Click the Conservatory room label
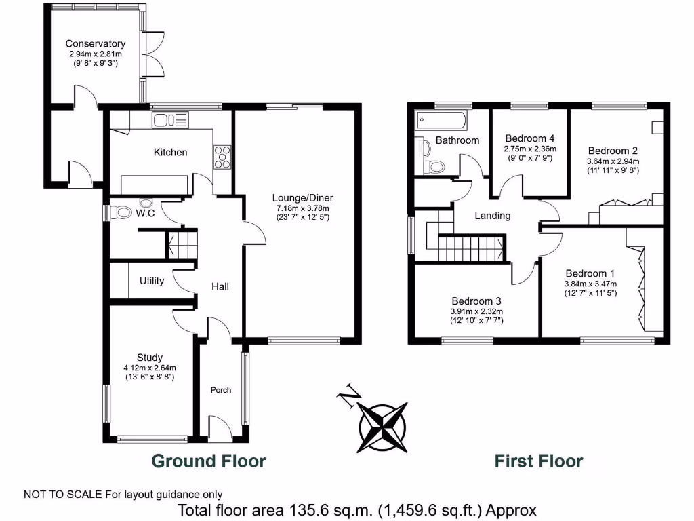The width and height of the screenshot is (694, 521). (96, 43)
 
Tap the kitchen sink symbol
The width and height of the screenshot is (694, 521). (169, 121)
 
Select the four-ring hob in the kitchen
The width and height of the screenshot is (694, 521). (222, 157)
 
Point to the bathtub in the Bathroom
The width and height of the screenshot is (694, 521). (441, 121)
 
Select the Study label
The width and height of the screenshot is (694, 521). (149, 358)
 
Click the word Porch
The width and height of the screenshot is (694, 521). (221, 390)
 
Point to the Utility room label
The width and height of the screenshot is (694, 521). (152, 281)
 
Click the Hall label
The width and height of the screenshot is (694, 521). (219, 286)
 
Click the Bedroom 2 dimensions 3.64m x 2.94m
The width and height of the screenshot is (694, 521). (613, 161)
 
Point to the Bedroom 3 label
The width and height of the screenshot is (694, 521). (476, 301)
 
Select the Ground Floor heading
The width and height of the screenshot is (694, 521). (209, 461)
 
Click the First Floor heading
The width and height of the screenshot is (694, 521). (539, 461)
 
